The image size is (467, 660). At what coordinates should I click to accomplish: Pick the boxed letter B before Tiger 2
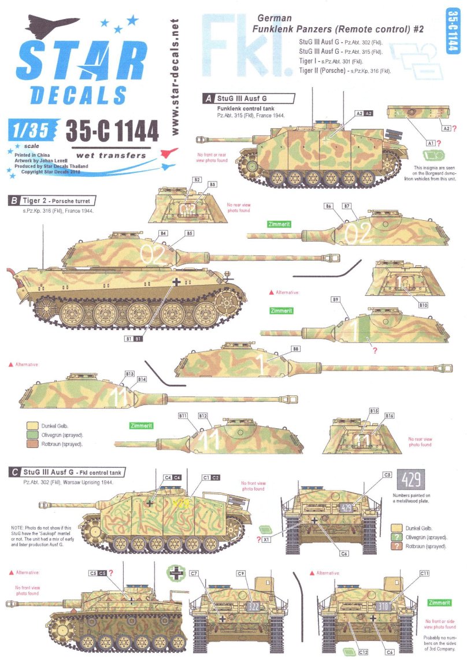pos(13,201)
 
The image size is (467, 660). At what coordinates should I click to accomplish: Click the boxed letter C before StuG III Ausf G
pos(13,472)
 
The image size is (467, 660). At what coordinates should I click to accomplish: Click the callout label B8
pos(295,348)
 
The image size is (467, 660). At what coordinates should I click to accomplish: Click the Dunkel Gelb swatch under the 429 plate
pos(396,527)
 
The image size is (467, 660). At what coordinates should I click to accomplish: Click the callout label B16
pos(390,416)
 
